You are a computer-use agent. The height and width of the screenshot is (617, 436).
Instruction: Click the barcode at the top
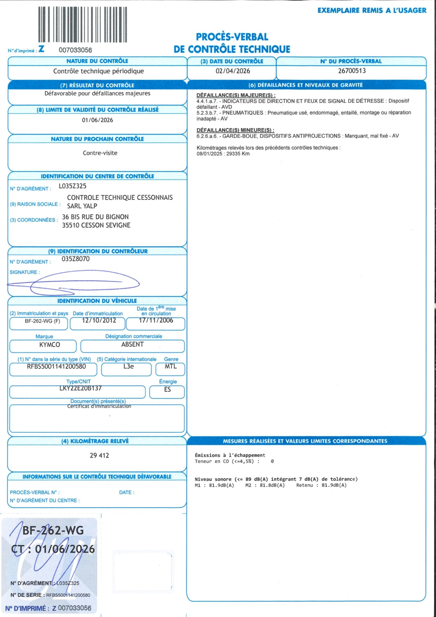tap(82, 25)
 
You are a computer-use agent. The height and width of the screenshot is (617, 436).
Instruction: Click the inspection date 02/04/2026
tap(233, 71)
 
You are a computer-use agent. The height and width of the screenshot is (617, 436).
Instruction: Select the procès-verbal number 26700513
tap(352, 71)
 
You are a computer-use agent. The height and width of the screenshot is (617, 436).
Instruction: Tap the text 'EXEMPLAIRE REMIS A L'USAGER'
tap(372, 10)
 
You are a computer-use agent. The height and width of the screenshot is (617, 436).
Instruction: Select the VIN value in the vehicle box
tap(56, 366)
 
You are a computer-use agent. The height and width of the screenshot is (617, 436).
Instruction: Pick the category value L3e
tap(128, 366)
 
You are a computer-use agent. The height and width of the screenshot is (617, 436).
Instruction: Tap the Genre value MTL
tap(170, 366)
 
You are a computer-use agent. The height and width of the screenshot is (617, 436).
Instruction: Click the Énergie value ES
tap(167, 389)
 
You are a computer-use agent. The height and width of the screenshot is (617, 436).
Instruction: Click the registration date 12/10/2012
tap(99, 320)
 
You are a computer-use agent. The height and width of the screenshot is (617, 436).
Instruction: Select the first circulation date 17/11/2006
tap(156, 320)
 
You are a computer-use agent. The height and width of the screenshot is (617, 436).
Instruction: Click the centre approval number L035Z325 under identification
tap(73, 186)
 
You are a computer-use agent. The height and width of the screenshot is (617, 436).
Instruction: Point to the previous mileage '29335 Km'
tap(238, 154)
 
